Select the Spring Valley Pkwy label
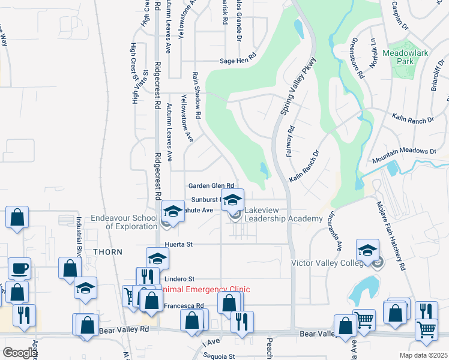click(x=298, y=85)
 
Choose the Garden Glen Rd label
click(x=211, y=186)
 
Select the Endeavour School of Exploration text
click(x=124, y=222)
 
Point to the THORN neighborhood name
click(x=108, y=252)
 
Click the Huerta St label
click(x=178, y=245)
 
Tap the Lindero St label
click(x=180, y=279)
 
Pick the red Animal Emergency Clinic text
click(x=204, y=289)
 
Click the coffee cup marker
click(x=19, y=268)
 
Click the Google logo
click(x=19, y=353)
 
